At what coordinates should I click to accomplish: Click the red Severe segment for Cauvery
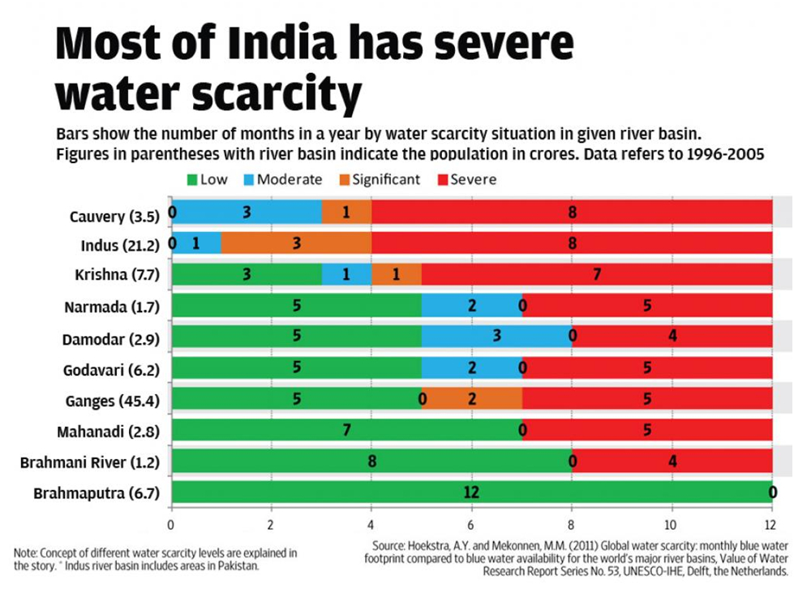(572, 213)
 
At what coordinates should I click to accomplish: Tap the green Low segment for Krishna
(246, 274)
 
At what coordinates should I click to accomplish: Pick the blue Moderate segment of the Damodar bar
(497, 336)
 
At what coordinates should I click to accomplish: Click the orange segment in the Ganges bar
(472, 398)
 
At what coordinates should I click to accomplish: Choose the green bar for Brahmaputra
(470, 492)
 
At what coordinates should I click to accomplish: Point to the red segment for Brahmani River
(672, 461)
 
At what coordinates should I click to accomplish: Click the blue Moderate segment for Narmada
(472, 306)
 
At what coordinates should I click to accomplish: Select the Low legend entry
(207, 179)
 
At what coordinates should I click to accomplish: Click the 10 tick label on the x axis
(671, 525)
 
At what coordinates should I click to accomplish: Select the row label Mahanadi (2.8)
(109, 431)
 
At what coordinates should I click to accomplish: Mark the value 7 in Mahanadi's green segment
(346, 430)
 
